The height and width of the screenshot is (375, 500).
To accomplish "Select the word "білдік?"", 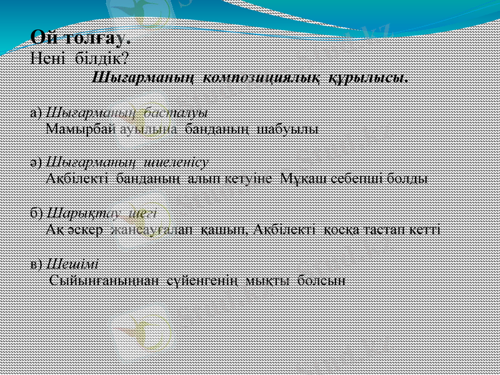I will pyautogui.click(x=102, y=59).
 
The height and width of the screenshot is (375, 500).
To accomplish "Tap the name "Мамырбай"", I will pyautogui.click(x=81, y=129).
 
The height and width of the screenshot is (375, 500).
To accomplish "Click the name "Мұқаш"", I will pyautogui.click(x=306, y=178).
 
